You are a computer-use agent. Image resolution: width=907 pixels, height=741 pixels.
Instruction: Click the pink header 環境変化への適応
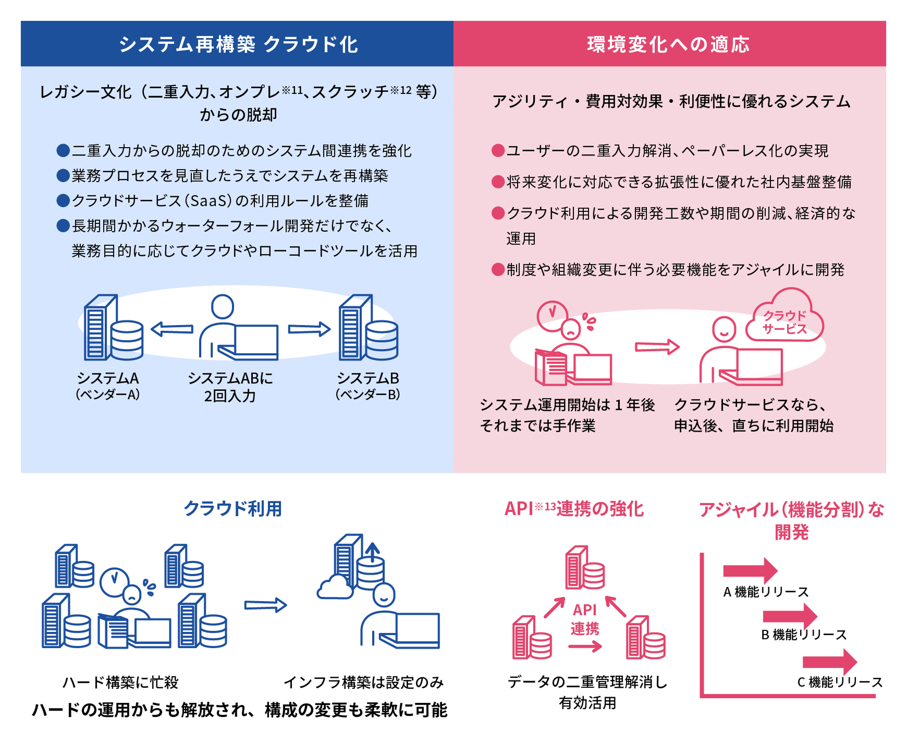[x=669, y=44]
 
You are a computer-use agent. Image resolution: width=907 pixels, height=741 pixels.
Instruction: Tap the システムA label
[x=108, y=378]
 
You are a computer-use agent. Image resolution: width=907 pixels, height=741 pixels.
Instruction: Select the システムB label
[x=368, y=378]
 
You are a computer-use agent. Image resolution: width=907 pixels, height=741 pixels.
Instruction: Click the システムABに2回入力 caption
[x=230, y=387]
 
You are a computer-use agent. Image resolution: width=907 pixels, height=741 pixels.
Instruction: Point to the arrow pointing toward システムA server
[x=172, y=329]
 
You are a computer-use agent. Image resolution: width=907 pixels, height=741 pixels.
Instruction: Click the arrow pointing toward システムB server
[x=309, y=329]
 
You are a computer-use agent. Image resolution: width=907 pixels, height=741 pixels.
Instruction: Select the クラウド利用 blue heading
[x=232, y=508]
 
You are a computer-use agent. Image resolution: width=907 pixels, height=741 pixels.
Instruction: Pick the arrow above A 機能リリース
[x=750, y=570]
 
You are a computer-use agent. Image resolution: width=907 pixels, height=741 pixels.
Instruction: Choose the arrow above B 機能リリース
[x=790, y=616]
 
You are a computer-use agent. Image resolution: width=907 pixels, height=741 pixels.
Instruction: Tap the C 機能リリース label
[x=840, y=682]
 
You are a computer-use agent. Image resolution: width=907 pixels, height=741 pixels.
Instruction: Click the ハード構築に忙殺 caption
[x=120, y=682]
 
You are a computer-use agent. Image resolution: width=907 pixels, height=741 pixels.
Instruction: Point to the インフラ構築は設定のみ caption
[x=363, y=682]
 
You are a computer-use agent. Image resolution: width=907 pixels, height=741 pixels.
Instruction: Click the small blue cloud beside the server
[x=335, y=588]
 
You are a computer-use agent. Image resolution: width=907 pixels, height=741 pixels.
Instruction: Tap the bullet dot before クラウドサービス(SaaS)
[x=63, y=200]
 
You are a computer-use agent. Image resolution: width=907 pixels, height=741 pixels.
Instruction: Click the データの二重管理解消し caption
[x=587, y=682]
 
